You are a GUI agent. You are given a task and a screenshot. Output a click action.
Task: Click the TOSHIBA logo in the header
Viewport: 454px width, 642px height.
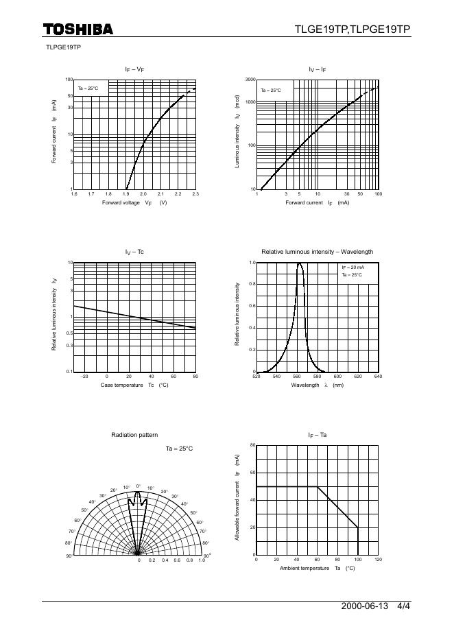[77, 29]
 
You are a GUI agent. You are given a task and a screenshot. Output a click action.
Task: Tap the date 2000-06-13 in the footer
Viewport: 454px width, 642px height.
[364, 607]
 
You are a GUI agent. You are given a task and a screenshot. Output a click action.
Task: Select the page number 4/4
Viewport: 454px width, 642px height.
[404, 607]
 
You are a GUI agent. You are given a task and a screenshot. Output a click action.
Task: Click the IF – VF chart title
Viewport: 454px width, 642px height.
[134, 69]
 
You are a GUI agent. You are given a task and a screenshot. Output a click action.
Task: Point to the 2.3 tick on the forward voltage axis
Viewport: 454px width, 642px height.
[195, 195]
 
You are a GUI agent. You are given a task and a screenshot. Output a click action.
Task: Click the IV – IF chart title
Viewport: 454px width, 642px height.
[318, 69]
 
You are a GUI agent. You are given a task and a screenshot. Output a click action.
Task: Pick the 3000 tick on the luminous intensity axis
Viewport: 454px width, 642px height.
[250, 80]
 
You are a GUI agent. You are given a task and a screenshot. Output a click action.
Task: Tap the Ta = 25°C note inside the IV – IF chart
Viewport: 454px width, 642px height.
[270, 90]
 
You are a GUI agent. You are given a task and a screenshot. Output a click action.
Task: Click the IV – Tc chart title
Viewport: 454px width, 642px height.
[134, 252]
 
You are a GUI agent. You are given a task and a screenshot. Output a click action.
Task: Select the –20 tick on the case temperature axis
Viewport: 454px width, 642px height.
[84, 377]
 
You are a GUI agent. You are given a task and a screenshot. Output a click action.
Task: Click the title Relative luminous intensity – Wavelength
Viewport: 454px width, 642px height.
[318, 252]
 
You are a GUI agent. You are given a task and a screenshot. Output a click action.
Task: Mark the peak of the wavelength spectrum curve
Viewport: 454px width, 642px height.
[300, 263]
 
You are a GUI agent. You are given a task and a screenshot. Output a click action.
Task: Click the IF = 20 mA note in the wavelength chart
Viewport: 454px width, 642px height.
[353, 267]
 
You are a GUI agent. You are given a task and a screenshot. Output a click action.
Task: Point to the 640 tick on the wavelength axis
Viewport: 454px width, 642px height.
[378, 377]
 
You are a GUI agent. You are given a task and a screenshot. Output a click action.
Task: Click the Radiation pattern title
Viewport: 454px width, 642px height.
[134, 435]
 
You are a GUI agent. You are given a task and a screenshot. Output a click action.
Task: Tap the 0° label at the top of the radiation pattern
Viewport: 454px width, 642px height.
[139, 486]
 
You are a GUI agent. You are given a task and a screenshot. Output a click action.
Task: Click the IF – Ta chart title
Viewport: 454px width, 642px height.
[318, 435]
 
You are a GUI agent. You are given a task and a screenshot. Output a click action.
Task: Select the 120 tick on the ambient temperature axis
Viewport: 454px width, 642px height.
[378, 560]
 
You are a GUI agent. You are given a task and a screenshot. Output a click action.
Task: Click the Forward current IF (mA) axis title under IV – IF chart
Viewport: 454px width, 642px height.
[318, 203]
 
